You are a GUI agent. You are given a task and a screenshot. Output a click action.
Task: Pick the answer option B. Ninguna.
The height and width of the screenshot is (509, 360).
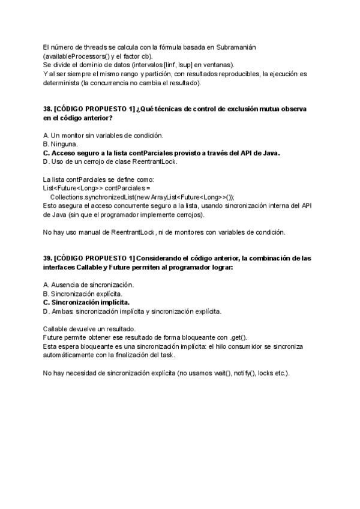(x=60, y=144)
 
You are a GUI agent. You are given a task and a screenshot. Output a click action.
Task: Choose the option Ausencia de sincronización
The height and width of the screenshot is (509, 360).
(x=88, y=285)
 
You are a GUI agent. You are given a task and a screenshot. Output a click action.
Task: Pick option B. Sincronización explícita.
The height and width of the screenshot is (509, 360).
(x=82, y=294)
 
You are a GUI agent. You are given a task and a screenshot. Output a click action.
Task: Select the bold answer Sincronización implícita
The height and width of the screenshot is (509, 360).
(x=86, y=303)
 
